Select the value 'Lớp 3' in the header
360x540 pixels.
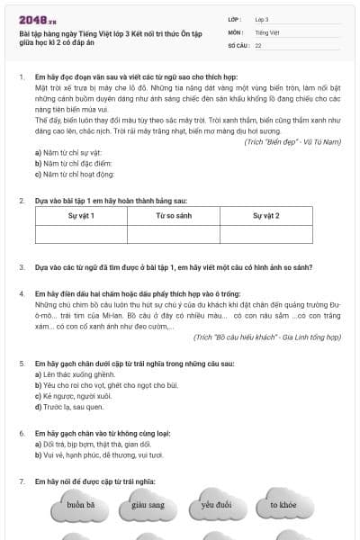[x=262, y=19]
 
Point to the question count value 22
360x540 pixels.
[x=258, y=44]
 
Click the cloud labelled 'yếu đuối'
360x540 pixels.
[x=216, y=505]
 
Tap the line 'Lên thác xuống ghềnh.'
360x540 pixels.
[x=68, y=373]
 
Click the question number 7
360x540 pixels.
[x=22, y=482]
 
